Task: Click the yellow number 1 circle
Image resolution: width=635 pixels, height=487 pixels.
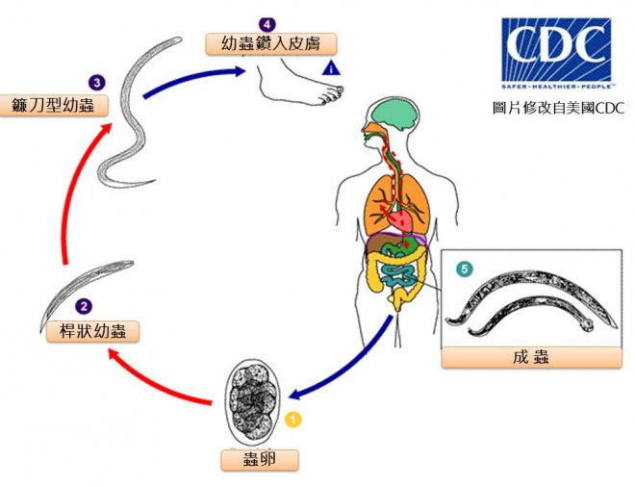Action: tap(294, 419)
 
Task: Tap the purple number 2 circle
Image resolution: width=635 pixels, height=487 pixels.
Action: tap(85, 307)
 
